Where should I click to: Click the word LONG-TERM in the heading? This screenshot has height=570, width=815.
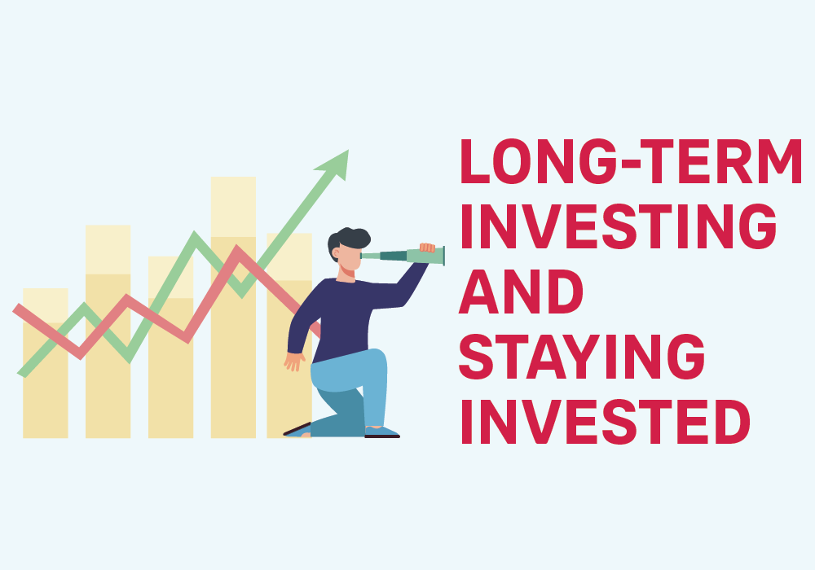(631, 161)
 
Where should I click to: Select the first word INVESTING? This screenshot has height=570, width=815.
(619, 226)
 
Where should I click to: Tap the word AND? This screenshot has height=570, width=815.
(521, 292)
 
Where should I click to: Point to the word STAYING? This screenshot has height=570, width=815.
(582, 357)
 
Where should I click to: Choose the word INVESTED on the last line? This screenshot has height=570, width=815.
(606, 422)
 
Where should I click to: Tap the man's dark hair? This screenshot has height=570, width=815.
(347, 241)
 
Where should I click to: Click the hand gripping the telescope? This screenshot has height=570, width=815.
(427, 248)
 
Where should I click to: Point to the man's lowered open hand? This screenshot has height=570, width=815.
(294, 361)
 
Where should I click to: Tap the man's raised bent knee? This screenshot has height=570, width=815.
(378, 359)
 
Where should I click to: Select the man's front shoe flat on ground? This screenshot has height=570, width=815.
(382, 432)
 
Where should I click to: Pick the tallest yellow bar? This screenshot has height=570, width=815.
(233, 307)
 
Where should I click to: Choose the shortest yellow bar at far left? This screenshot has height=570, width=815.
(45, 363)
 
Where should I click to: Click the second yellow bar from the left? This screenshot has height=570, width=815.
(108, 331)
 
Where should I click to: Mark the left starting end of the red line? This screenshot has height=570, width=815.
(16, 309)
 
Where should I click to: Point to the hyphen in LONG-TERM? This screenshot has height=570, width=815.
(631, 164)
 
